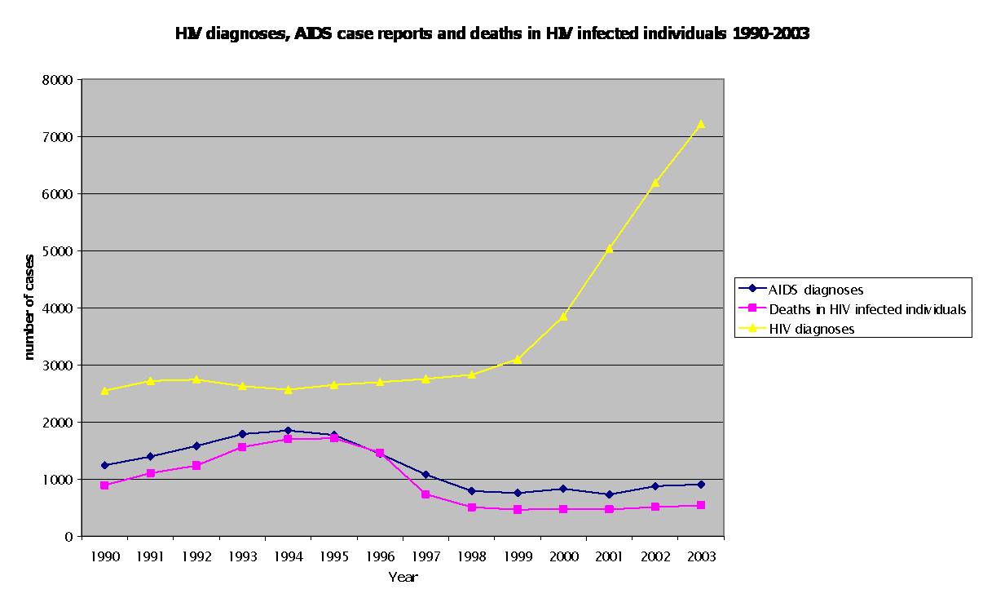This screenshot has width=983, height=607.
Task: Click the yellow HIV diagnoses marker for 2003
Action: pos(700,124)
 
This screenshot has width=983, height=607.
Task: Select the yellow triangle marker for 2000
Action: pos(563,316)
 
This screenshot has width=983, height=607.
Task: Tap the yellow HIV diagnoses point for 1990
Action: pos(105,391)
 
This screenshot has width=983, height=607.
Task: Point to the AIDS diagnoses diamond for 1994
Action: pos(289,430)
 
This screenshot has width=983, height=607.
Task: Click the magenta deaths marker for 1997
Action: pos(425,494)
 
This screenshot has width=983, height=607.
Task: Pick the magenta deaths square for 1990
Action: pos(105,485)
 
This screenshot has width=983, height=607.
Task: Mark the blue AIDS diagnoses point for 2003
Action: pos(700,485)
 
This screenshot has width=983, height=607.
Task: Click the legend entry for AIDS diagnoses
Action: pos(816,289)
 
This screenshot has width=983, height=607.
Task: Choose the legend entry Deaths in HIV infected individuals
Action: pos(867,309)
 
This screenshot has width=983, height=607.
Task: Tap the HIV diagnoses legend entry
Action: pos(811,329)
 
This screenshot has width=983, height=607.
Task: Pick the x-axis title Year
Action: pos(403,577)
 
